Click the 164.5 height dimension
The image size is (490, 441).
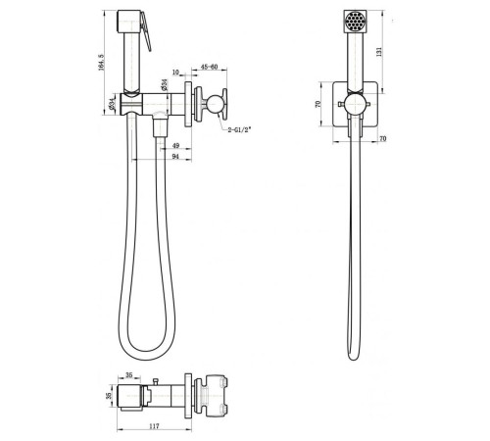coord(101,62)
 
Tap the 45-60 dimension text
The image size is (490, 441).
coord(209,67)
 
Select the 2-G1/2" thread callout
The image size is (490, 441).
coord(239,129)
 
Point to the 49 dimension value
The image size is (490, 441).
coord(175,146)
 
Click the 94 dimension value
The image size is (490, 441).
coord(175,157)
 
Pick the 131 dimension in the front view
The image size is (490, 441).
coord(379,52)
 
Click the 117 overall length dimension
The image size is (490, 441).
coord(154,426)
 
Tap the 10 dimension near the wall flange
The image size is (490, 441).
coord(175,72)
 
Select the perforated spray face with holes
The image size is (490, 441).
coord(356,22)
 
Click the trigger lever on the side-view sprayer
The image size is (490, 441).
coord(146,31)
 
